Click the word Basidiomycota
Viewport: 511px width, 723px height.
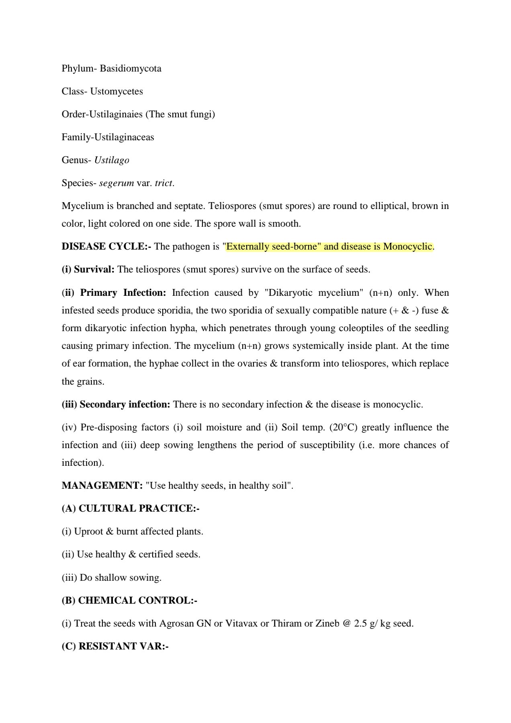131,69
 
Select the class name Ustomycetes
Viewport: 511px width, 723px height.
117,92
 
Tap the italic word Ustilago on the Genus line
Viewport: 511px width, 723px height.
112,160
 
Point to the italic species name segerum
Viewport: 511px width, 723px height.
117,183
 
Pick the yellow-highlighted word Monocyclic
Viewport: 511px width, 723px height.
407,246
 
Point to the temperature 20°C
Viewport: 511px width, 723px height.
343,427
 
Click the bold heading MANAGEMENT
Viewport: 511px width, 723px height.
101,485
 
